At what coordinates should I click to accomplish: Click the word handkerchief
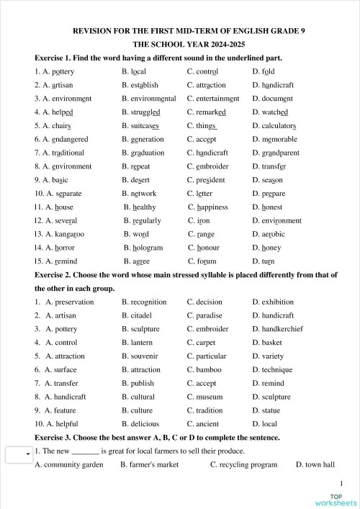(x=288, y=329)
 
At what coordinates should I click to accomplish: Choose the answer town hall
(x=320, y=464)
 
